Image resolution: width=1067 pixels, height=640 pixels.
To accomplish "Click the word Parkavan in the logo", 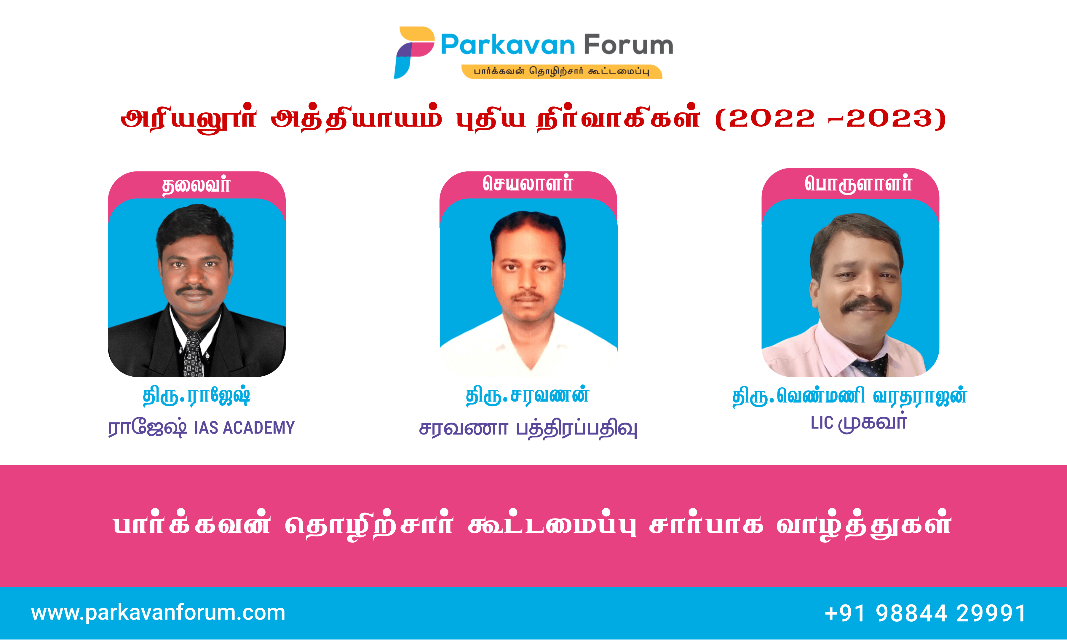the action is [x=508, y=45].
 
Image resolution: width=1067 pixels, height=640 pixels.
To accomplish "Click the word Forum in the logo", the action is [x=629, y=45].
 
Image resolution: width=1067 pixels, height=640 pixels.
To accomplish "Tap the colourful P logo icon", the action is [x=414, y=52].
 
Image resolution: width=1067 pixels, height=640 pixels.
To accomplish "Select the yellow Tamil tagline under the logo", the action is [x=562, y=71].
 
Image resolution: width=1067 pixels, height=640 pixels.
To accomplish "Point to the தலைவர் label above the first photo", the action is [x=197, y=185].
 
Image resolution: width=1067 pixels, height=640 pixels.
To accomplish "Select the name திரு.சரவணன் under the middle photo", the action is [x=528, y=395].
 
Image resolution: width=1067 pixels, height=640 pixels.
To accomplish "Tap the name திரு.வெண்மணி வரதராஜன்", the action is [x=850, y=396].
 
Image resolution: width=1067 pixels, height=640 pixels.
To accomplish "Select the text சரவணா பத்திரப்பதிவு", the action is [x=528, y=429].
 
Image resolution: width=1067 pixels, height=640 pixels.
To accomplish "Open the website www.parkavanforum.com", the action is [x=158, y=613].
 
